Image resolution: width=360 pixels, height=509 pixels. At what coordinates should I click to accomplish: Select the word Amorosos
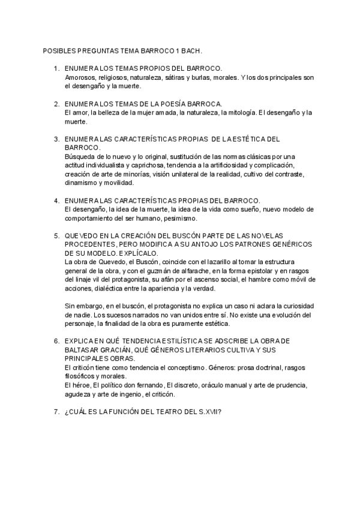(80, 77)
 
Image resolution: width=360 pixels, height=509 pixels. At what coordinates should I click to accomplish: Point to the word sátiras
(174, 77)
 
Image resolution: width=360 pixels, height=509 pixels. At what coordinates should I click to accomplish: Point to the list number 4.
(56, 200)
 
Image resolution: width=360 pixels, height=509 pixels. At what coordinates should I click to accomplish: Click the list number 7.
(56, 411)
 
